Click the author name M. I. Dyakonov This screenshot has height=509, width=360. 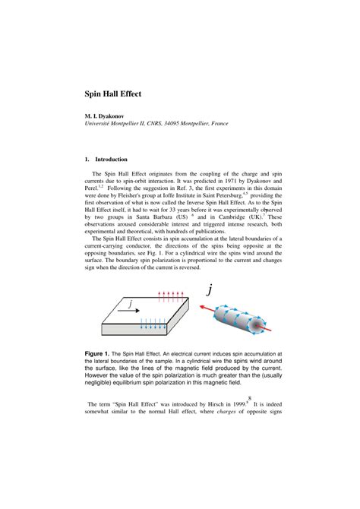105,115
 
